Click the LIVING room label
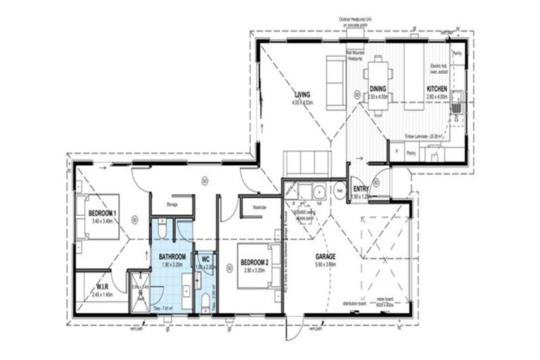click(x=303, y=95)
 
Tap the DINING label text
click(x=378, y=89)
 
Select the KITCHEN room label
click(x=437, y=89)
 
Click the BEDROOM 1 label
click(x=103, y=213)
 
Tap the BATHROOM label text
click(x=172, y=257)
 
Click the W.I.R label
click(x=102, y=285)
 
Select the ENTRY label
click(x=361, y=189)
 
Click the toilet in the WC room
click(x=205, y=301)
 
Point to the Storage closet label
click(x=172, y=205)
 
